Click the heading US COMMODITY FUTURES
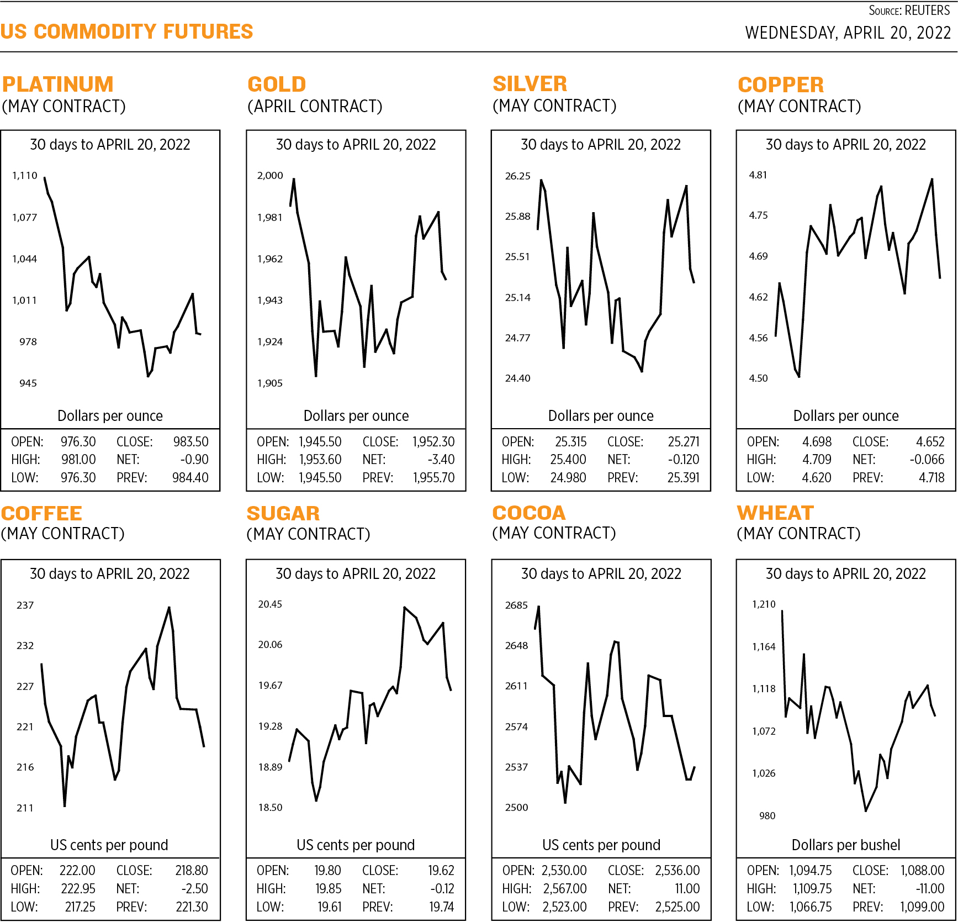click(x=126, y=31)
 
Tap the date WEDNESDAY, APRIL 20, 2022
click(x=848, y=33)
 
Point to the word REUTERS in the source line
click(x=927, y=10)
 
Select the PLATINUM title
click(x=58, y=85)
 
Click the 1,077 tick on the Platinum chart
click(x=25, y=218)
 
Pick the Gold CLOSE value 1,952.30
click(x=433, y=442)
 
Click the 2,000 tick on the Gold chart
click(x=270, y=176)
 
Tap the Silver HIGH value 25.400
click(x=568, y=460)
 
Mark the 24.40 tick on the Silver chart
click(x=517, y=378)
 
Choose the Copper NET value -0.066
click(x=927, y=460)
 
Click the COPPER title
click(x=781, y=85)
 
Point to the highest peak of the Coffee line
click(x=169, y=608)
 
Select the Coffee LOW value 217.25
click(x=80, y=907)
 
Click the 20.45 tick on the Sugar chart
click(x=270, y=604)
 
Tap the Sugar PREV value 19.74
click(x=442, y=907)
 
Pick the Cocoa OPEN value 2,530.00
click(x=564, y=871)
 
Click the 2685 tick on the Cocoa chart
click(x=516, y=605)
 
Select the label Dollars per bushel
click(x=846, y=845)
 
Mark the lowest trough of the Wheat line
click(x=866, y=811)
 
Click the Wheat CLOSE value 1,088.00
click(x=922, y=871)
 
